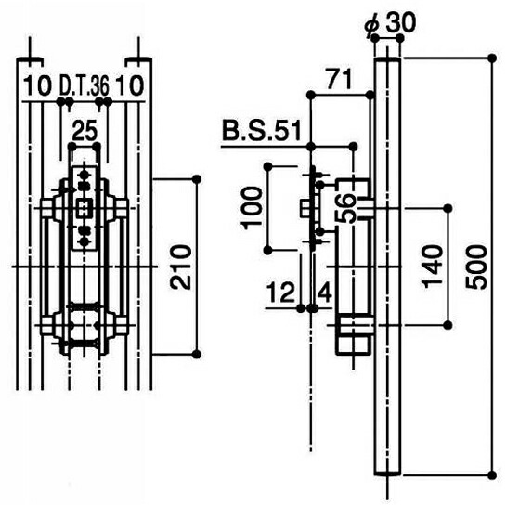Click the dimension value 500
click(x=475, y=267)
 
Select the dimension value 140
click(x=433, y=266)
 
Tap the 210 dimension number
click(x=181, y=267)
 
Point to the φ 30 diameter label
click(x=390, y=24)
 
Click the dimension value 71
click(x=339, y=79)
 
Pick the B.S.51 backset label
click(x=262, y=130)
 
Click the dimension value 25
click(x=84, y=132)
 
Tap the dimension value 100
click(x=252, y=208)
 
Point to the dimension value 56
click(x=345, y=209)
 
